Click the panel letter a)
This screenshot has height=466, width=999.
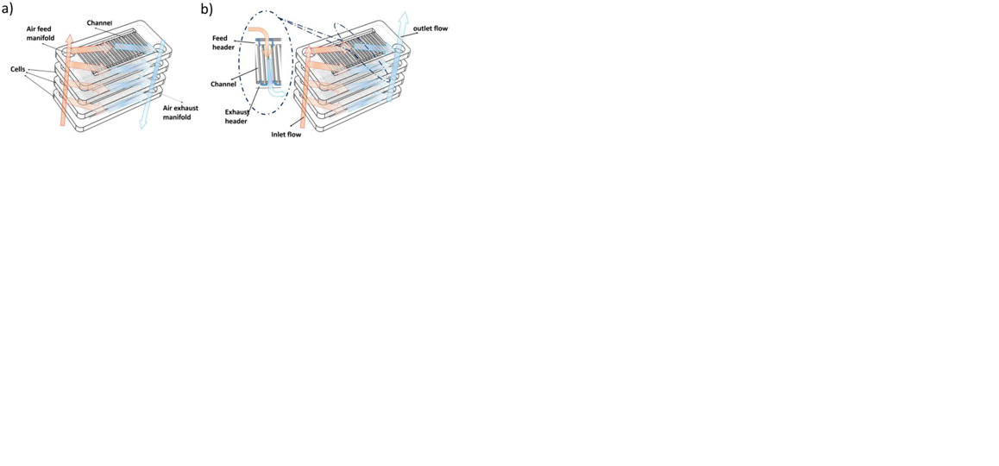[8, 9]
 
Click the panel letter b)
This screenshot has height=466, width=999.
[206, 9]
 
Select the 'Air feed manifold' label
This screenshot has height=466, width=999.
[39, 33]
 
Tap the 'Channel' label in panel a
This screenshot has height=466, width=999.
[99, 22]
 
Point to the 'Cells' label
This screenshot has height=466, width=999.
[17, 69]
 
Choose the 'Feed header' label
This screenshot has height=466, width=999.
[221, 43]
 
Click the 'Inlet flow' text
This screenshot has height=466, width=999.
[286, 135]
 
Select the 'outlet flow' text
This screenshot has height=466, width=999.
[430, 29]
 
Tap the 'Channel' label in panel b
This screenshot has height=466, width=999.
[223, 84]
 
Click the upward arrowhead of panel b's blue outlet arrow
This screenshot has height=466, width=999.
[402, 16]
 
